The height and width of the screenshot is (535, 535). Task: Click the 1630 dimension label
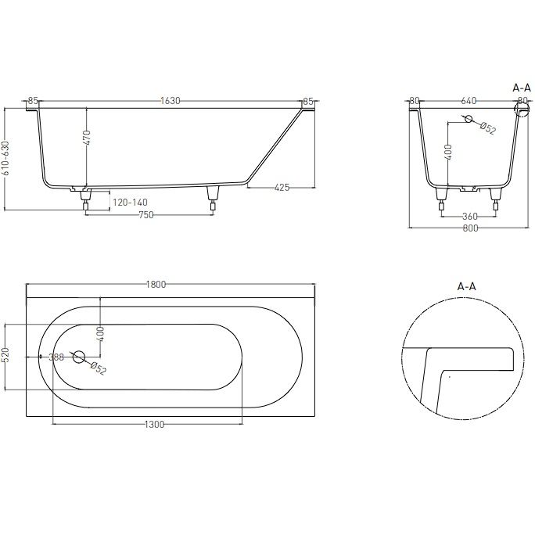tap(171, 101)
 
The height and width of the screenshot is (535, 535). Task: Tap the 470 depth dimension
tap(87, 138)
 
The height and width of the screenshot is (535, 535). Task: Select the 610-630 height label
tap(6, 158)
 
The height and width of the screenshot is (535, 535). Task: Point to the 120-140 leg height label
tap(130, 203)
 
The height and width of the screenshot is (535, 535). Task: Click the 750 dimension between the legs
tap(146, 215)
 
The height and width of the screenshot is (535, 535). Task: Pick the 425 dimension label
tap(282, 187)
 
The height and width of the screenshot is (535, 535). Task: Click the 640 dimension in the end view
tap(469, 101)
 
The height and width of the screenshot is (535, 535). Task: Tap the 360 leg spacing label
tap(470, 217)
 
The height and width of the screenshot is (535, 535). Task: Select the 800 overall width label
tap(470, 228)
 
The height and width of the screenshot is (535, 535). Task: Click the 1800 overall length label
tap(156, 284)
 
